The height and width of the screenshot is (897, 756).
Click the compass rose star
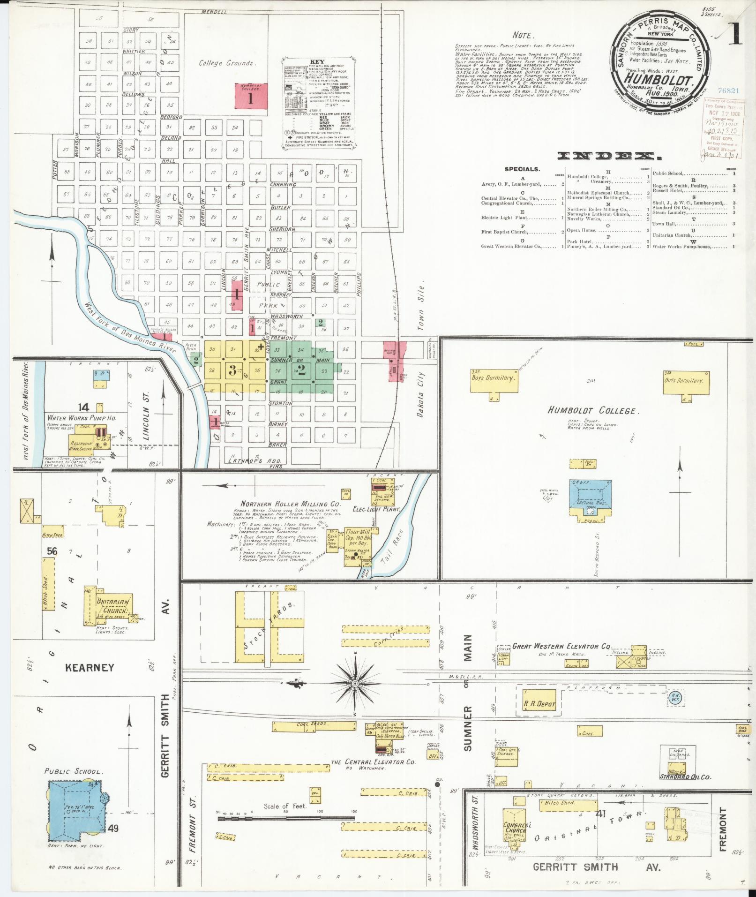(x=355, y=683)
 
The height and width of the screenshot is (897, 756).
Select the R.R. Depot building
(x=539, y=704)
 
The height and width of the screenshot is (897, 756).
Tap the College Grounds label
(x=225, y=63)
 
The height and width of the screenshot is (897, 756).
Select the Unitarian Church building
(x=112, y=608)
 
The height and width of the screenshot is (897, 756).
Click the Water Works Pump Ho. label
(x=81, y=417)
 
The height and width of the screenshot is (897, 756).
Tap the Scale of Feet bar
(x=286, y=818)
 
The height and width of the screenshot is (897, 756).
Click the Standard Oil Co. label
(x=685, y=777)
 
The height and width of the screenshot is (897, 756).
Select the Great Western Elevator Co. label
(x=562, y=646)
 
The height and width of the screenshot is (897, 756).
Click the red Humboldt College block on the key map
(x=251, y=99)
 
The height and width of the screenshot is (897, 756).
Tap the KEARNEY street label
(x=89, y=667)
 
